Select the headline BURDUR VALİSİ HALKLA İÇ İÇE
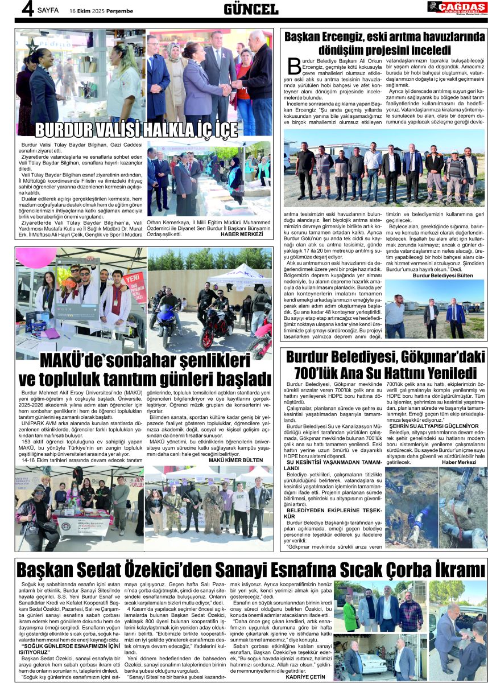coord(137,129)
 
